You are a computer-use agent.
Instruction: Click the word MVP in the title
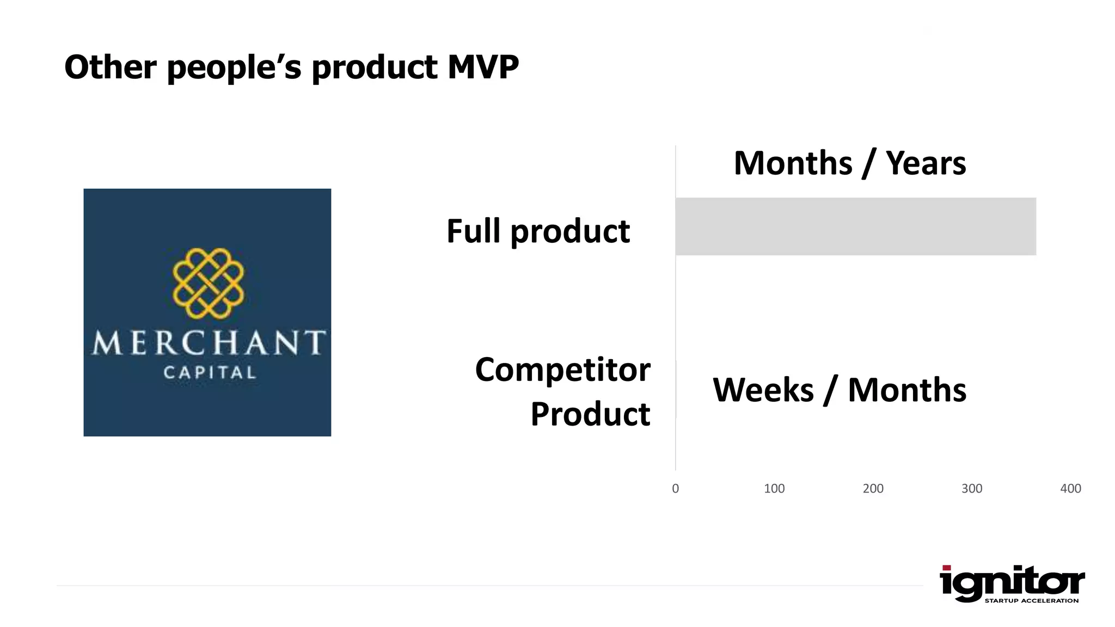483,67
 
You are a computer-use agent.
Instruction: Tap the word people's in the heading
234,67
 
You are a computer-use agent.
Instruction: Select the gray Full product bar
855,226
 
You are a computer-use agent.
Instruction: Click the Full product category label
538,231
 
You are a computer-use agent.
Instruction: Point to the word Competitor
562,370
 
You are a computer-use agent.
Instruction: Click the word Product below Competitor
590,414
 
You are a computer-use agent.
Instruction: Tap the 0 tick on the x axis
676,489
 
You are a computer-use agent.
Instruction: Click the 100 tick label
774,489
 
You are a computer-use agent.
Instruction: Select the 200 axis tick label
873,489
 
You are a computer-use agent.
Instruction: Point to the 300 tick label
972,489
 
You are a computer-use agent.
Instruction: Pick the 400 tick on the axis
1070,489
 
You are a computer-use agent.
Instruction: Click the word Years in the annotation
926,163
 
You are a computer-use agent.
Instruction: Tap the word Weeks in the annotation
763,390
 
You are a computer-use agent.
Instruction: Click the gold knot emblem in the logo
208,283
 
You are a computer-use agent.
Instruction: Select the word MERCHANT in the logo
208,343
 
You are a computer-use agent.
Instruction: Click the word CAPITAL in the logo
210,373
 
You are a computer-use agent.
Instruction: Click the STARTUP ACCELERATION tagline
1031,601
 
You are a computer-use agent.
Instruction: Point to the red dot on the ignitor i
947,568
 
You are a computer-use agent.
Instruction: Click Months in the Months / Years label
793,163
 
